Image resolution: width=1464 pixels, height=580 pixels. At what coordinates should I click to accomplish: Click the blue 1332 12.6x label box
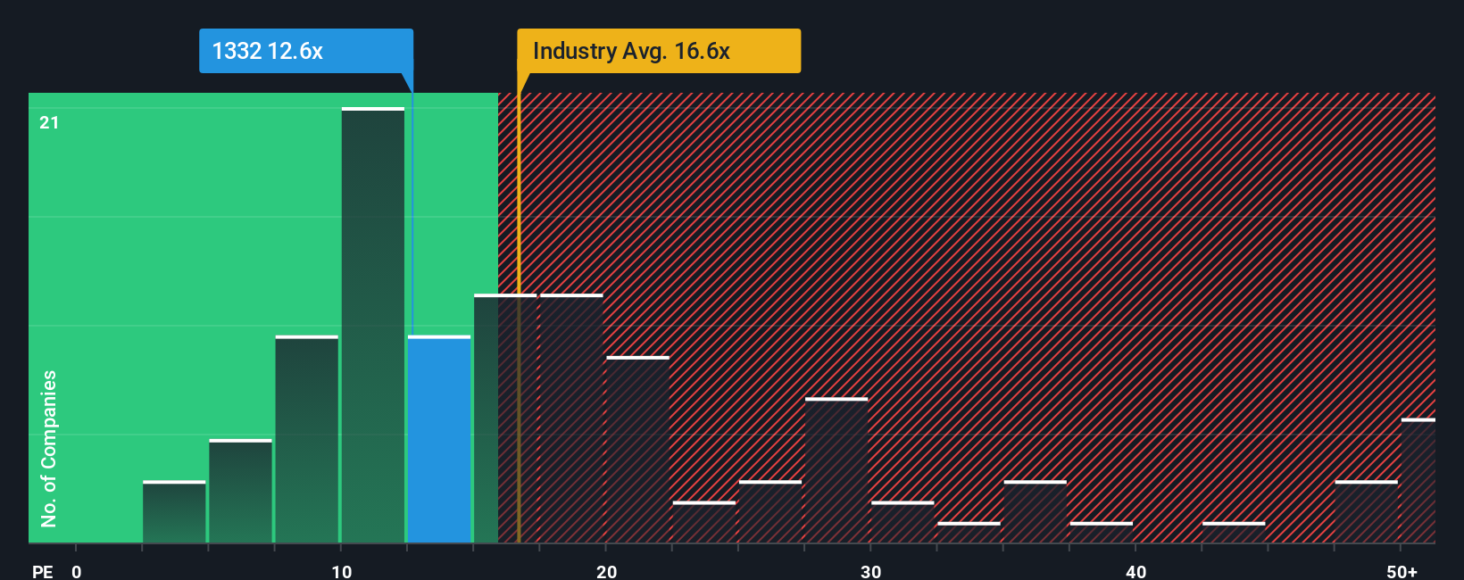[305, 51]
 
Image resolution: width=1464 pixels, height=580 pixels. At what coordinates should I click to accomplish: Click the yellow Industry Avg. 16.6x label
[659, 51]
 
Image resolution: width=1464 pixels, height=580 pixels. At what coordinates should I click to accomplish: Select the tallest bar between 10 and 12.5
[373, 326]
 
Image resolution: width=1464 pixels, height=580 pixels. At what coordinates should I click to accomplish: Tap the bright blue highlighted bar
[439, 439]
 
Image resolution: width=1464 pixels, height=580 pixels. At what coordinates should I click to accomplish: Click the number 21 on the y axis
[49, 122]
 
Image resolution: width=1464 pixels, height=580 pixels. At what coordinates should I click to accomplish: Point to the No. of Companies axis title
[49, 448]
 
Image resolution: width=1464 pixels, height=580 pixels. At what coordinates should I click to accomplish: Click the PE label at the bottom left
[42, 571]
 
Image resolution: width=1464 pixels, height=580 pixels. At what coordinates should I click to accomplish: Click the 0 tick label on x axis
[77, 571]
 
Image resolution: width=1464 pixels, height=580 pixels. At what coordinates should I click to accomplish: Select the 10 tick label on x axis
[341, 571]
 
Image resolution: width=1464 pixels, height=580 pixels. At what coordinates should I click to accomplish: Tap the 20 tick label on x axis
[606, 571]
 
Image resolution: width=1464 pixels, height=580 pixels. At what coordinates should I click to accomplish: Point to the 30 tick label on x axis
[870, 571]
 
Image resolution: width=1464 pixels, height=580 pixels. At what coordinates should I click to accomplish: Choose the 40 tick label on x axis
[1135, 571]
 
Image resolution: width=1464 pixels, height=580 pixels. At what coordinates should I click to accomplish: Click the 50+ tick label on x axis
[1402, 571]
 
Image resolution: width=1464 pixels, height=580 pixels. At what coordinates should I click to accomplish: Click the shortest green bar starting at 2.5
[174, 512]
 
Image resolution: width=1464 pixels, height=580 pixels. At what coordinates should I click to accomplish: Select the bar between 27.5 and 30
[836, 470]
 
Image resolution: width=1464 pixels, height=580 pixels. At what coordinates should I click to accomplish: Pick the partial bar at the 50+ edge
[1418, 481]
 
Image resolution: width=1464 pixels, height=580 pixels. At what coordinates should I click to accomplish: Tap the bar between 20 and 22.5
[637, 450]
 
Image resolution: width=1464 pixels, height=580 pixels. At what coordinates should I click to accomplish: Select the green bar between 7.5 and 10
[307, 439]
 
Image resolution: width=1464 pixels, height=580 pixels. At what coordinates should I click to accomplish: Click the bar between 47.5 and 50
[1366, 512]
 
